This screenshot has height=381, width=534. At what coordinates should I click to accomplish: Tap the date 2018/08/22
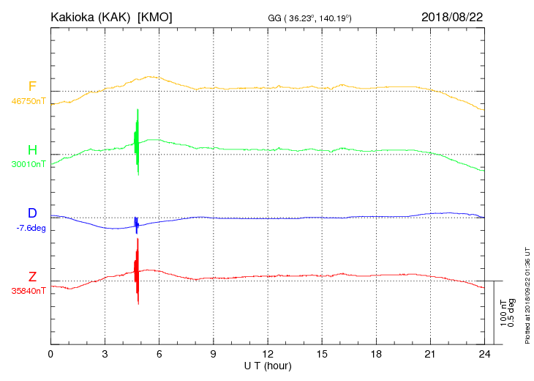(x=452, y=17)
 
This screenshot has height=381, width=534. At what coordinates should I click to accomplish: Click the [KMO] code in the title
(x=155, y=17)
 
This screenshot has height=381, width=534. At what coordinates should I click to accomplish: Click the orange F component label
(x=32, y=86)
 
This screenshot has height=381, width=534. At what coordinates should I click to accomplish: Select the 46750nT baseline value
(x=28, y=101)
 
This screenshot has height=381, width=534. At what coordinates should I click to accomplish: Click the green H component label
(x=32, y=150)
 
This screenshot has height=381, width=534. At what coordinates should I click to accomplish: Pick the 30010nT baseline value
(x=28, y=164)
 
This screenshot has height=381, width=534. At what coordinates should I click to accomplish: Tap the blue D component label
(x=32, y=213)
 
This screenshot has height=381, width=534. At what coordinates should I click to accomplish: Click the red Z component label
(x=32, y=276)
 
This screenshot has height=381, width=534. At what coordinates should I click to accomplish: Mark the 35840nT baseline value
(x=28, y=290)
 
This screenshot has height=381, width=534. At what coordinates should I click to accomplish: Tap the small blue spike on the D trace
(x=136, y=223)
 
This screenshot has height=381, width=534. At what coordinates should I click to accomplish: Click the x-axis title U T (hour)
(x=268, y=365)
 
